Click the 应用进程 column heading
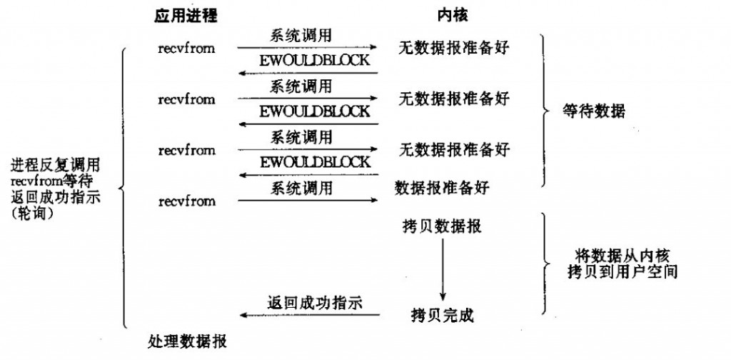186,16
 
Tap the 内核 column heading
452,16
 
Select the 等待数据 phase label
593,112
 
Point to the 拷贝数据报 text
441,226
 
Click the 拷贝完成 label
443,316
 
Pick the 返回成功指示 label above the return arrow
315,303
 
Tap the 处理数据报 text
188,342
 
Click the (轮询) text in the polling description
34,216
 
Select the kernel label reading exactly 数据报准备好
441,187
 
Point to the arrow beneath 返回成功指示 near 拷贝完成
310,315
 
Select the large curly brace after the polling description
123,187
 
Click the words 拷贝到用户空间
622,272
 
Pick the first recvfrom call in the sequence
186,48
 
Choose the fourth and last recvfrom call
186,201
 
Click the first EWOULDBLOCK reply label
315,61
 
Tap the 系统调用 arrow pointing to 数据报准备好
307,200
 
